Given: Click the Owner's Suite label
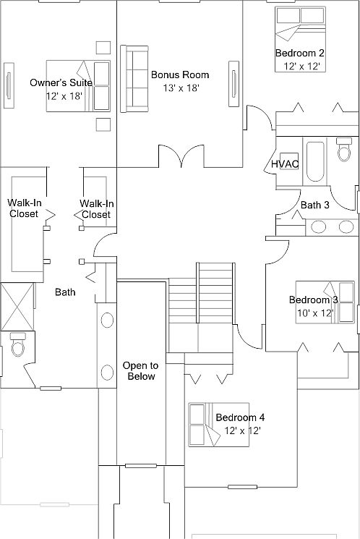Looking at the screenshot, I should (61, 82).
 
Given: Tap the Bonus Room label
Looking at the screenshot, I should (180, 75).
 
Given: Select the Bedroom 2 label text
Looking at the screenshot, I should (299, 53).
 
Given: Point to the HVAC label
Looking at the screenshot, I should (286, 164).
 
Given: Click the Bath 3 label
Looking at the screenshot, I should (315, 205).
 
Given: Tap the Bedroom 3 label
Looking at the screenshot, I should (314, 300).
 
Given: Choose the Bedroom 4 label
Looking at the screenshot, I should (240, 417).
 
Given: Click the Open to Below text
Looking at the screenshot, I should (140, 370).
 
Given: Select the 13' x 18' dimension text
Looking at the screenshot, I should (180, 88).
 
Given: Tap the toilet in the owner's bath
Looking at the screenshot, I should (17, 346).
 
